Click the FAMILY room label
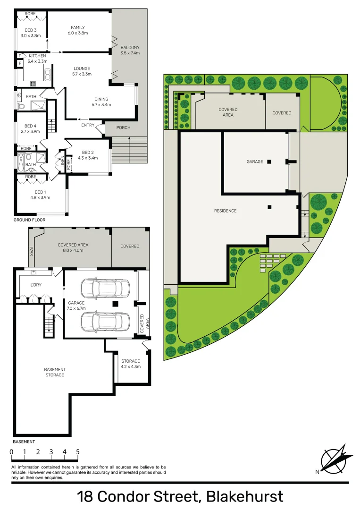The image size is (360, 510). tap(78, 30)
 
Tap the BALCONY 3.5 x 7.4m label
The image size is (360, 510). tap(130, 51)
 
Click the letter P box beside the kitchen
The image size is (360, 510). tap(20, 56)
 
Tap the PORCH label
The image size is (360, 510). tap(123, 127)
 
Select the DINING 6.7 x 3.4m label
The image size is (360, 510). tap(101, 102)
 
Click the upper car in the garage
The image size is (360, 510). tap(105, 287)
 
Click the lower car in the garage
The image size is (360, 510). tap(105, 321)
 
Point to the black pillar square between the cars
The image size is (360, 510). tap(114, 304)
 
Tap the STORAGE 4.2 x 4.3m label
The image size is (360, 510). tap(130, 364)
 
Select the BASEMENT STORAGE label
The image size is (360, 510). tap(55, 372)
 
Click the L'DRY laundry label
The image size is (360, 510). tap(36, 285)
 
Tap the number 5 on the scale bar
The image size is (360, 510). tap(77, 452)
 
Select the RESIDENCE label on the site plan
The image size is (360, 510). tap(225, 211)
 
